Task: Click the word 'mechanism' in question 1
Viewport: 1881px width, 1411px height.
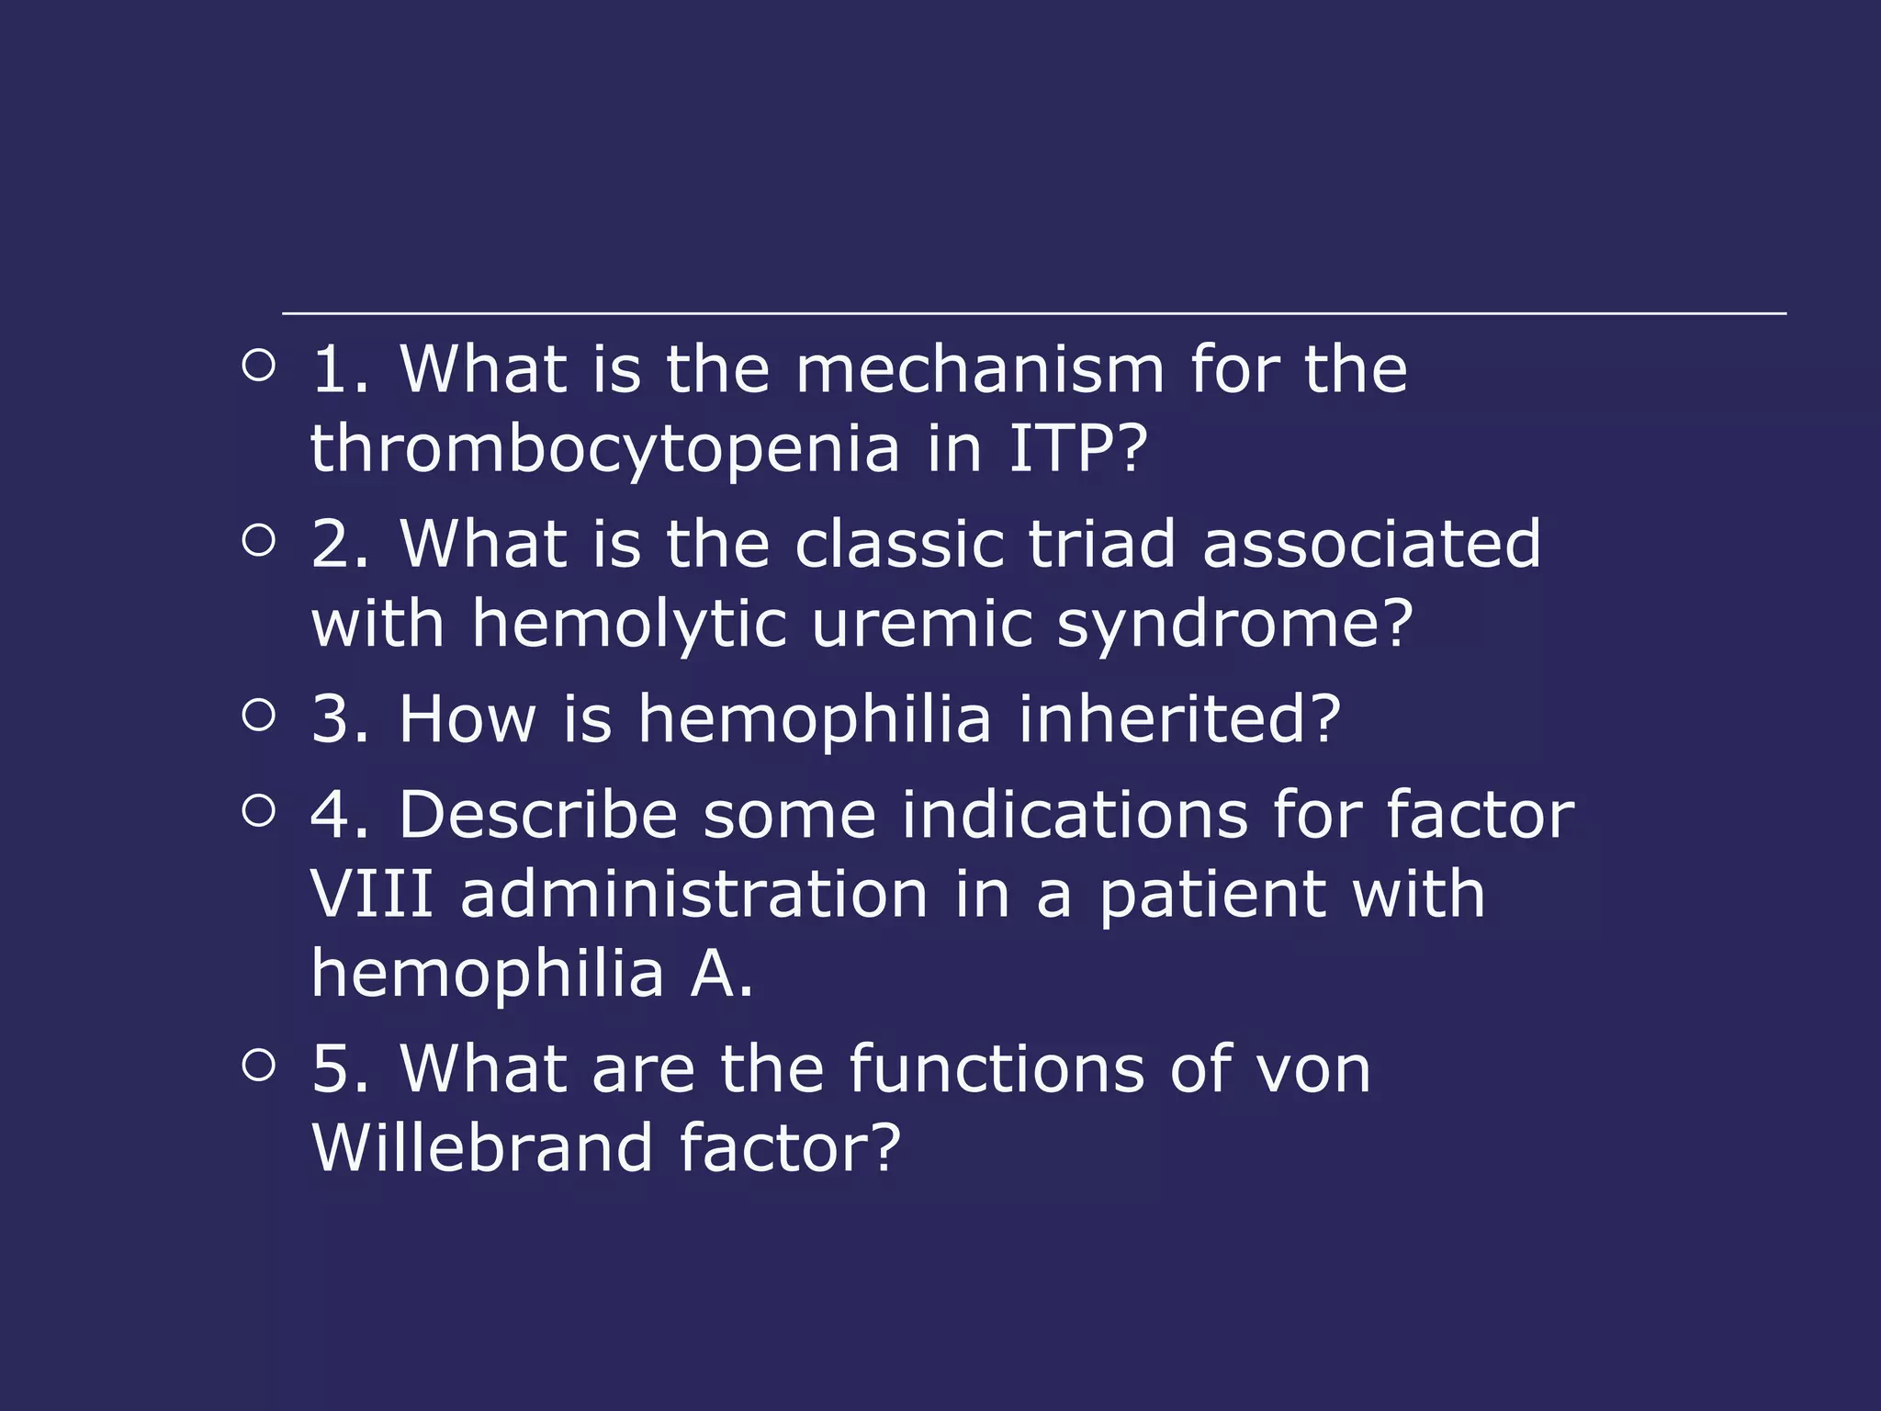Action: click(979, 369)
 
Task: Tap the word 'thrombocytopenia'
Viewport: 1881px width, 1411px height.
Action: click(604, 450)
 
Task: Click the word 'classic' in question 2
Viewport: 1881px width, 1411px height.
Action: click(898, 544)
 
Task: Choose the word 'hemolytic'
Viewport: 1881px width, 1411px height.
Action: click(629, 625)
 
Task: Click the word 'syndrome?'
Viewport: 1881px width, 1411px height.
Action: click(1234, 625)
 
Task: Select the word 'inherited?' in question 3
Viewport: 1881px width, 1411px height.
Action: click(1179, 718)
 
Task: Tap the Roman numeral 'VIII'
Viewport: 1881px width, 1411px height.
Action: click(371, 894)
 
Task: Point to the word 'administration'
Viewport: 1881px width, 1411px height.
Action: click(694, 894)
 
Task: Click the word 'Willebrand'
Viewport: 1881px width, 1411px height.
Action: click(482, 1147)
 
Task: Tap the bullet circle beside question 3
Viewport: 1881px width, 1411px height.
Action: click(259, 714)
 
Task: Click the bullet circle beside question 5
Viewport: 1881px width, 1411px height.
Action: click(259, 1065)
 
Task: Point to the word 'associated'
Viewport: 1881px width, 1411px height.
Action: click(1371, 544)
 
